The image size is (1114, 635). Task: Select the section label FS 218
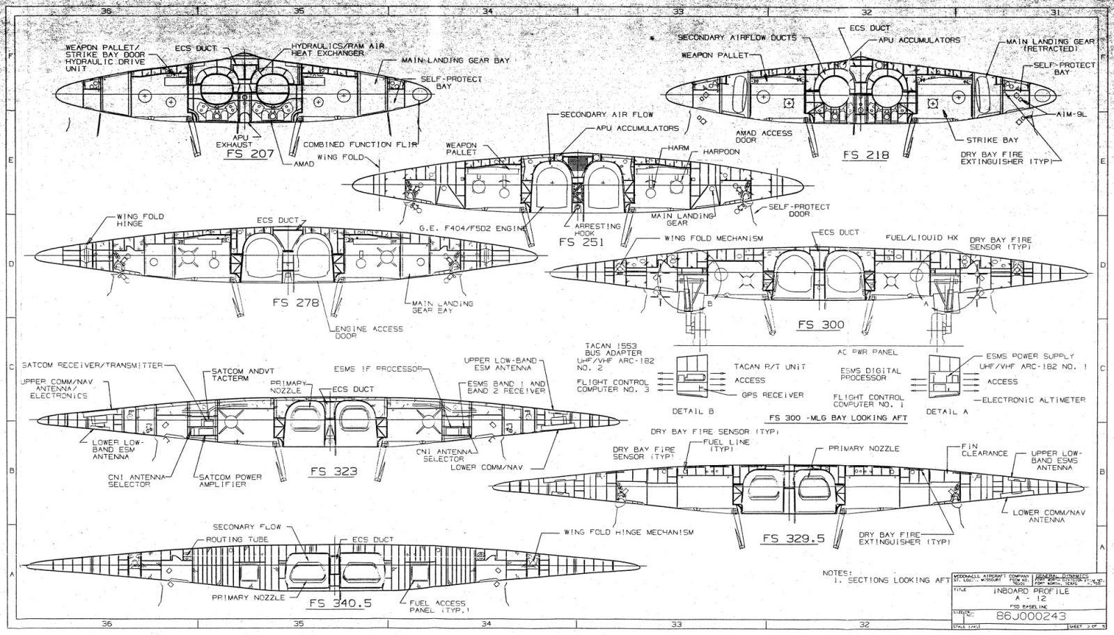pyautogui.click(x=865, y=155)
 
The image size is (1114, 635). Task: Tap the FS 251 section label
pyautogui.click(x=582, y=242)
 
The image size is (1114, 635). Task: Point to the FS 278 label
pyautogui.click(x=296, y=303)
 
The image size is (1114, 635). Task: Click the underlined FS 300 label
pyautogui.click(x=821, y=324)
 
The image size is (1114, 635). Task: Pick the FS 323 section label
pyautogui.click(x=334, y=471)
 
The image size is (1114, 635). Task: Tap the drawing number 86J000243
pyautogui.click(x=1025, y=616)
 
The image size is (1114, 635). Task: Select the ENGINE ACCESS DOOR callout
pyautogui.click(x=356, y=332)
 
